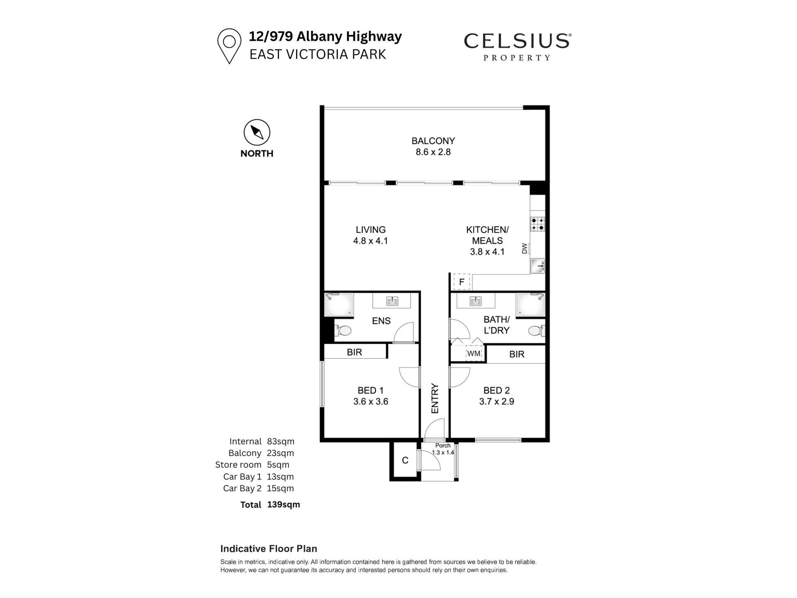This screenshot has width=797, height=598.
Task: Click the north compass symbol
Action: pos(257,132)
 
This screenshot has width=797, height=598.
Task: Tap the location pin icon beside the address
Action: pos(229,46)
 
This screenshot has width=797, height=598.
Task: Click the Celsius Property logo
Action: pos(517,47)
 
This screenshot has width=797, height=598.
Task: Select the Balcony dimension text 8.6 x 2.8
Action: pos(433,152)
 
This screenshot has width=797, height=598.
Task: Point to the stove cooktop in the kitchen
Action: pos(538,224)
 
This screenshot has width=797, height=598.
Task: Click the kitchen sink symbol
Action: pos(538,266)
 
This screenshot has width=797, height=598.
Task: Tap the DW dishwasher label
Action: pos(524,248)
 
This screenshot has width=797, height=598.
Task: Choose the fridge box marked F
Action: pos(462,282)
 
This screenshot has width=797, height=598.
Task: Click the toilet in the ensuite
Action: pos(342,331)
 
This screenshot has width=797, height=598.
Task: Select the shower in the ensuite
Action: pos(339,305)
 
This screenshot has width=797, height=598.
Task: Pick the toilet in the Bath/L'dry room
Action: pos(536,331)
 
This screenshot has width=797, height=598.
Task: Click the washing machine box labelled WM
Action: pos(474,353)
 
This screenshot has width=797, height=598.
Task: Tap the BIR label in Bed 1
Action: pos(354,352)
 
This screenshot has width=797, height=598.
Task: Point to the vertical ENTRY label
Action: pos(435,398)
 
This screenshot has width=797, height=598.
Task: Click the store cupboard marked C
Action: pos(405,460)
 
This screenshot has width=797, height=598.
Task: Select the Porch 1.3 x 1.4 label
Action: pos(443,449)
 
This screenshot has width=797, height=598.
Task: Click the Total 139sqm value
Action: pos(284,505)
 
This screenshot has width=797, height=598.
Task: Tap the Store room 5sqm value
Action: pos(278,465)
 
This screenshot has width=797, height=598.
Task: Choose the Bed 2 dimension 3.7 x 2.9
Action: pos(496,402)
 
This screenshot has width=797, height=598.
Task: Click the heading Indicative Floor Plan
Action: pos(269,549)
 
